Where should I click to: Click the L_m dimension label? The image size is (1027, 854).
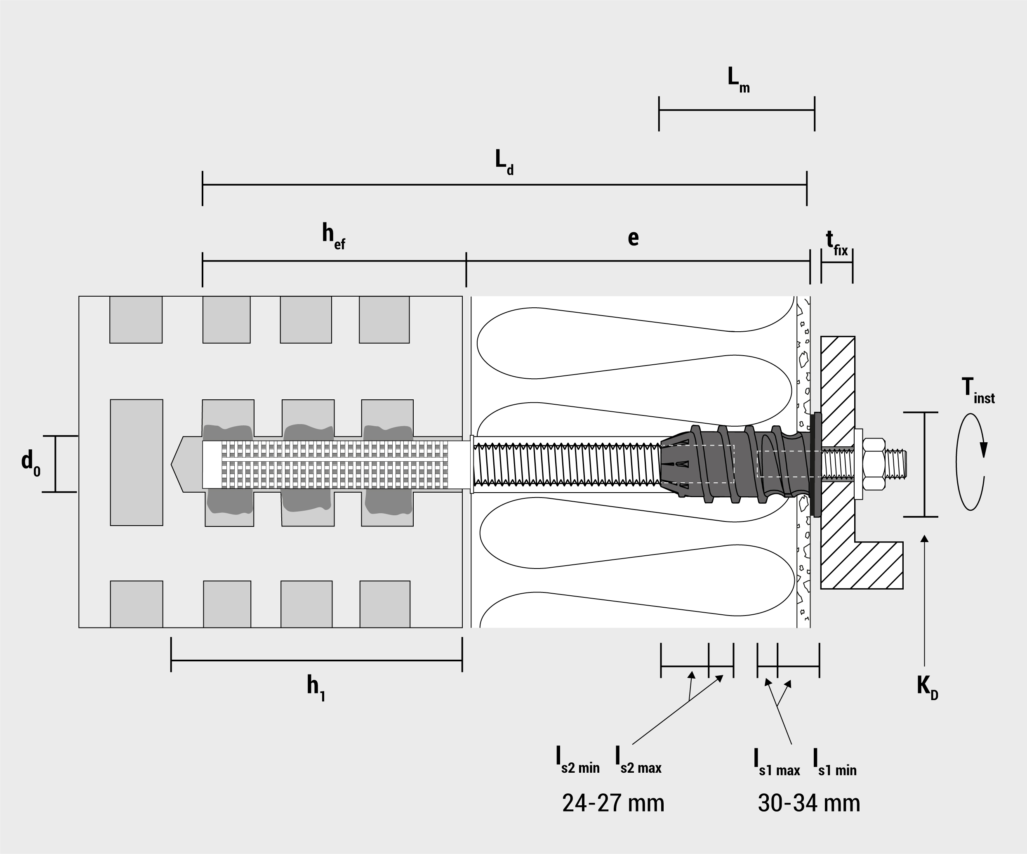coord(738,80)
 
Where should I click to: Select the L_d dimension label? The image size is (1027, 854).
coord(504,163)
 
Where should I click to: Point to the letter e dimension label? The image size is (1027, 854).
coord(634,238)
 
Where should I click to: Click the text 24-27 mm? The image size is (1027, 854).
coord(613,803)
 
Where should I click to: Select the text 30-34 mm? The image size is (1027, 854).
coord(809,803)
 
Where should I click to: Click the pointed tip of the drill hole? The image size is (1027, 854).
coord(172,464)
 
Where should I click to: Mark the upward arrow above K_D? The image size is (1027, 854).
coord(924,601)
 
